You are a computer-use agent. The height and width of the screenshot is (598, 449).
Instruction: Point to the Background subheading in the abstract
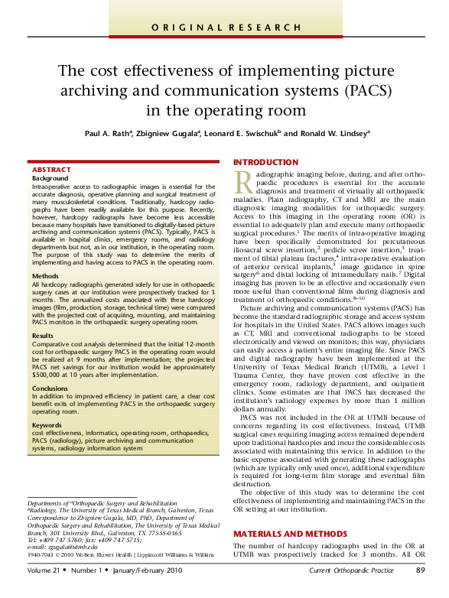pos(50,177)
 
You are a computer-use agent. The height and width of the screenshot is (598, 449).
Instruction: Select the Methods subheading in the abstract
pos(45,275)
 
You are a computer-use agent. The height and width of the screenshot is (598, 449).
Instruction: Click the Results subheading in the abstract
pos(43,335)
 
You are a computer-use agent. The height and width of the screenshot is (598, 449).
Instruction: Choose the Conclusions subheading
pos(50,388)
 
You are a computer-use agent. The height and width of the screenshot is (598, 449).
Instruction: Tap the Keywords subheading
pos(47,424)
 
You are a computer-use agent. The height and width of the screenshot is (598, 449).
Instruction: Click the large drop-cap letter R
pos(243,183)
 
